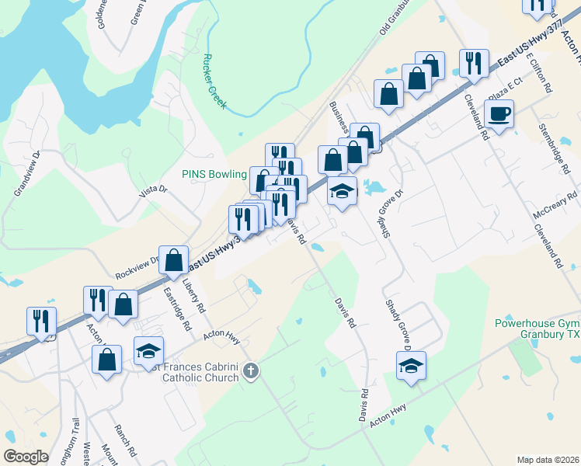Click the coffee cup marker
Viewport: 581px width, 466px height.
click(x=499, y=114)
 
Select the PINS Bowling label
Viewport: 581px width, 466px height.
click(x=214, y=174)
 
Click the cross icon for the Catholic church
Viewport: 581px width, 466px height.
click(x=250, y=371)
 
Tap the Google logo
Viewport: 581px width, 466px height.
click(x=26, y=456)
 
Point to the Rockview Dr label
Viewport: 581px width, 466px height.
click(x=137, y=268)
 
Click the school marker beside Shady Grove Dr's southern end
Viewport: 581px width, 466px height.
click(x=411, y=367)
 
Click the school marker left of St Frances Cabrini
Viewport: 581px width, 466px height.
click(x=148, y=351)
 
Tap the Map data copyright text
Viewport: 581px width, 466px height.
click(x=548, y=459)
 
